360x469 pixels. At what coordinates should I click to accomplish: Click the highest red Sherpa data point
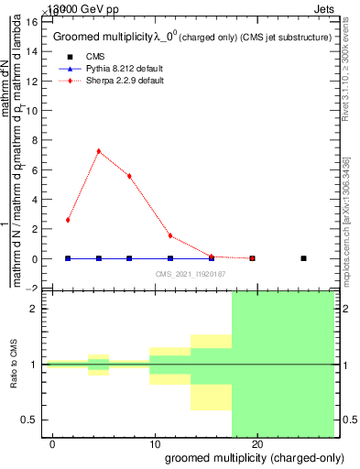click(x=98, y=151)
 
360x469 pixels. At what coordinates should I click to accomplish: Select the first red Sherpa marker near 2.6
click(x=68, y=220)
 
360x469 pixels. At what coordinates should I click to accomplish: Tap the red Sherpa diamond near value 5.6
click(x=129, y=176)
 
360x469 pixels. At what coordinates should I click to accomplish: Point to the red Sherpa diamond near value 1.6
click(x=170, y=235)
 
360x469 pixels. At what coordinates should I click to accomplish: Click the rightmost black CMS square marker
click(x=303, y=258)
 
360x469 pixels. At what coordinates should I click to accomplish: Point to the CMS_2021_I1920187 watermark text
click(x=191, y=274)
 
